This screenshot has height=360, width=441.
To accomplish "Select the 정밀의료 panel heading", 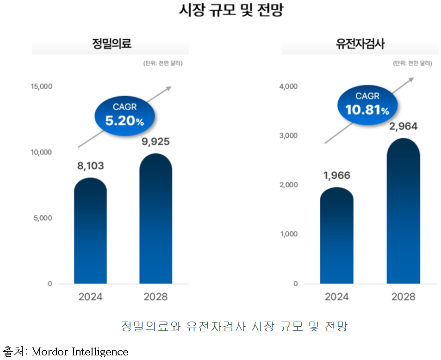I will pyautogui.click(x=112, y=44).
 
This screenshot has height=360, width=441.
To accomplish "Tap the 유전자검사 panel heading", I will pyautogui.click(x=360, y=44).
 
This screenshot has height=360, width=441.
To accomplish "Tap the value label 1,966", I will pyautogui.click(x=336, y=175).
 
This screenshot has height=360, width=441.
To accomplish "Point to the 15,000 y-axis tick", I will pyautogui.click(x=42, y=87).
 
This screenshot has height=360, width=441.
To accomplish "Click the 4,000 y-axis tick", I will pyautogui.click(x=289, y=87).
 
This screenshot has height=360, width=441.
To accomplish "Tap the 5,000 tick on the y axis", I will pyautogui.click(x=43, y=218).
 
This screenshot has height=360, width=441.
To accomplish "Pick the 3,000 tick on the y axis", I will pyautogui.click(x=289, y=136).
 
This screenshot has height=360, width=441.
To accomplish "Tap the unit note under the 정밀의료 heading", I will pyautogui.click(x=163, y=63).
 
